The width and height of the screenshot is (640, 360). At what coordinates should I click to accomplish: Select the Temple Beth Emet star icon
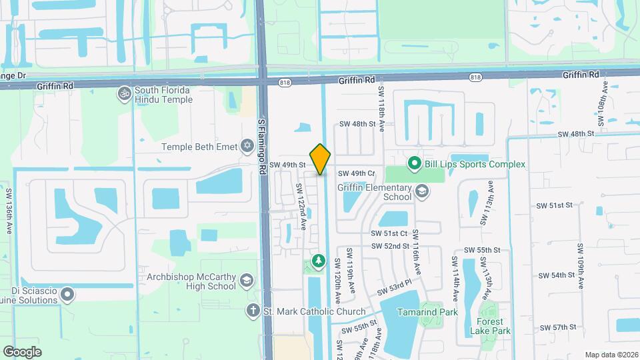click(x=247, y=145)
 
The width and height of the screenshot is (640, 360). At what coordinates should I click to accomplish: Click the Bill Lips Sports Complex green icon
click(x=413, y=163)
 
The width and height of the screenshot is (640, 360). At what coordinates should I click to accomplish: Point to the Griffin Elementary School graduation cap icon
click(x=421, y=192)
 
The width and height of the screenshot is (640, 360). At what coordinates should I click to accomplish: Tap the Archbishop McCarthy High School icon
click(x=247, y=280)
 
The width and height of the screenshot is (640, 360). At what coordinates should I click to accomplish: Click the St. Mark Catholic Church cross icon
click(x=253, y=311)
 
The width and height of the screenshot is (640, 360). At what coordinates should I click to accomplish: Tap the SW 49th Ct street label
click(x=357, y=173)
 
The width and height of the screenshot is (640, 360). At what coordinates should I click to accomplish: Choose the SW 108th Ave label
click(x=604, y=105)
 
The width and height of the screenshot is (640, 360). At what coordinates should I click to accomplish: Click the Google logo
click(x=22, y=351)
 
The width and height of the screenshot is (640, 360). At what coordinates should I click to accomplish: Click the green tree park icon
click(x=319, y=259)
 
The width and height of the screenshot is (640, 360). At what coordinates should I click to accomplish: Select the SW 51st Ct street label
click(x=389, y=233)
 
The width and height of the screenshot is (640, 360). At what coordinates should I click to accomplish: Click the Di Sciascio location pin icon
click(x=67, y=293)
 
